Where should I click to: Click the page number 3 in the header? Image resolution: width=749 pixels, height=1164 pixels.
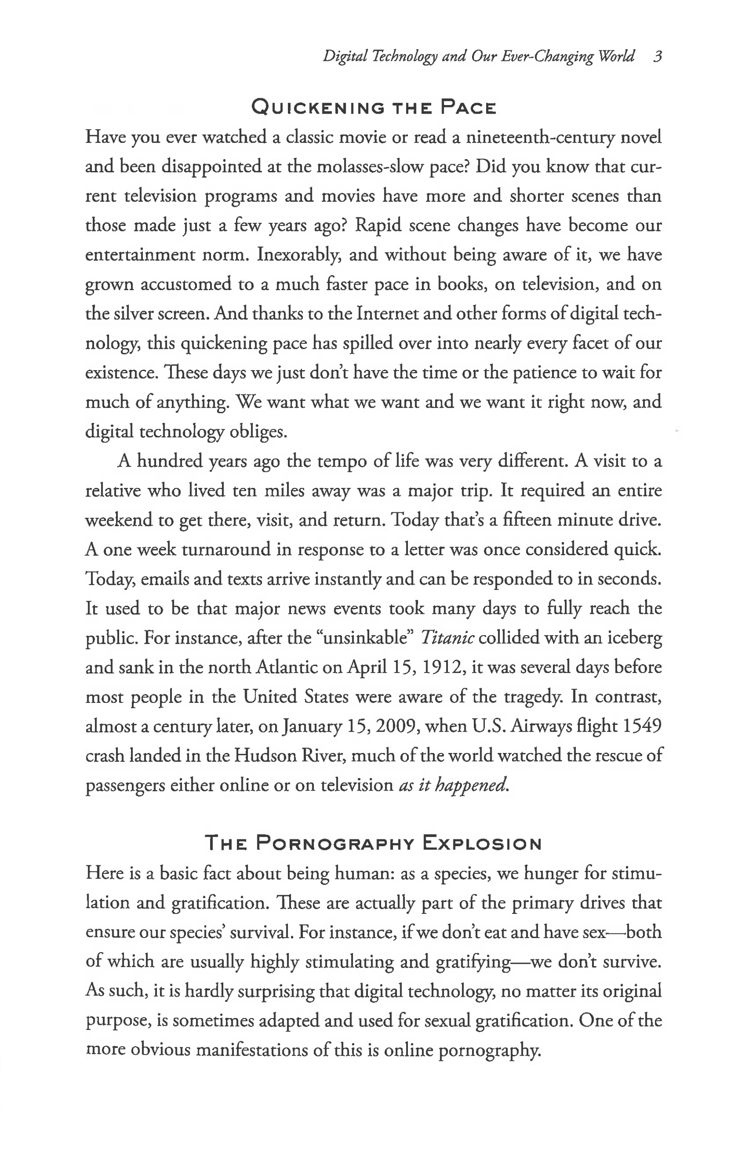658,57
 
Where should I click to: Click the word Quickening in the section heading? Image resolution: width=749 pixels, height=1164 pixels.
318,107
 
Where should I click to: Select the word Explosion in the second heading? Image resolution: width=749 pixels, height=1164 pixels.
482,843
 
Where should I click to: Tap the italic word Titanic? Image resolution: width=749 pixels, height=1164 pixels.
447,637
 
